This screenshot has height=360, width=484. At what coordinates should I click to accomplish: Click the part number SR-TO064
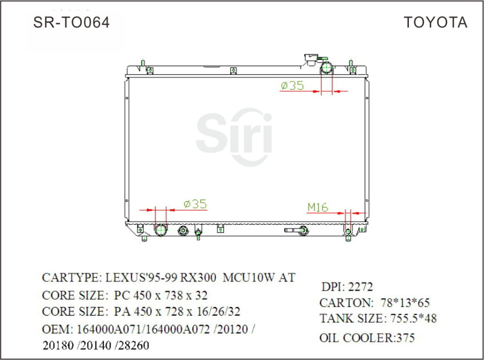(x=71, y=22)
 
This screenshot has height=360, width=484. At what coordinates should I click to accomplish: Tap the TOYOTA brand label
(x=435, y=22)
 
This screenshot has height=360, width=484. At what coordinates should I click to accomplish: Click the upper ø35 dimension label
(x=292, y=86)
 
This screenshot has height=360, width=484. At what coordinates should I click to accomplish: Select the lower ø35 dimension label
(x=195, y=204)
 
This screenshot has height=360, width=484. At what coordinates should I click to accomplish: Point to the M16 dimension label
(x=318, y=207)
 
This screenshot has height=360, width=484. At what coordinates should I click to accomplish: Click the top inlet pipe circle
(x=327, y=69)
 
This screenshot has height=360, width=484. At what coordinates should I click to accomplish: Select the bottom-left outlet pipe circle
(x=161, y=231)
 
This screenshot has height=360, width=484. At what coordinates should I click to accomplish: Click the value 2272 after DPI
(x=360, y=287)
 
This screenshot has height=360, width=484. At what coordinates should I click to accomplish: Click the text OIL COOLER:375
(x=367, y=338)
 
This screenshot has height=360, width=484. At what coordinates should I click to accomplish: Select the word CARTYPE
(x=69, y=277)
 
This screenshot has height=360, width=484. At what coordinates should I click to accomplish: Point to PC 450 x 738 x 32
(x=161, y=296)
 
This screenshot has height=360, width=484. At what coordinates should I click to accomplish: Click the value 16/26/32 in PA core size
(x=220, y=312)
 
